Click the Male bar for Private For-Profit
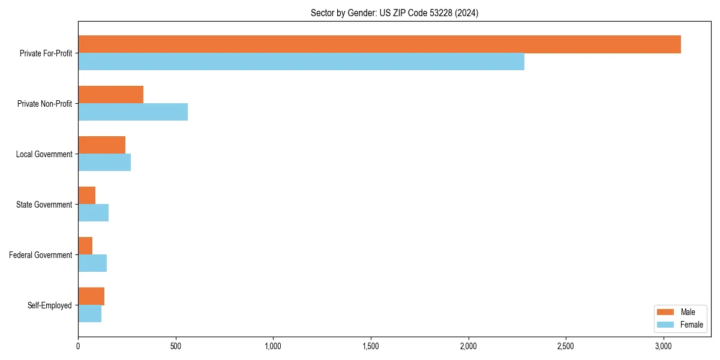tap(379, 44)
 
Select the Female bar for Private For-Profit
tap(301, 62)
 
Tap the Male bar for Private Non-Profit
tap(110, 95)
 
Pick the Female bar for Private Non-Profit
tap(133, 112)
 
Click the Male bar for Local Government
tap(101, 145)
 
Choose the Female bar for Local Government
tap(104, 163)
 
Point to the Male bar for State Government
tap(86, 196)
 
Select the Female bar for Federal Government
tap(92, 263)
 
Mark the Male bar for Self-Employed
tap(91, 296)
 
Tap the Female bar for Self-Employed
tap(89, 314)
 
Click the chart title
tap(394, 13)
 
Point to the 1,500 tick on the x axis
tap(371, 346)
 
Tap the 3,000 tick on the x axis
tap(663, 346)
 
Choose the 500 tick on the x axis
tap(176, 346)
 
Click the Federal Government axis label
tap(41, 255)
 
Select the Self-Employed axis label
tap(50, 305)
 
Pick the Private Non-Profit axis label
tap(44, 104)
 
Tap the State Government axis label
tap(44, 205)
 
